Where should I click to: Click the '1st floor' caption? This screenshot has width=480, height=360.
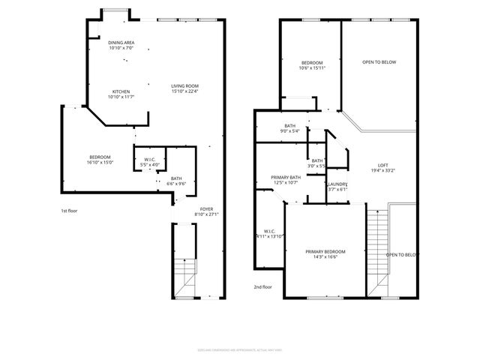[x=69, y=211]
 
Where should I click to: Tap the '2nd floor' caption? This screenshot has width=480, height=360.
[x=262, y=286]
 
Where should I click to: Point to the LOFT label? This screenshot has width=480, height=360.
[x=382, y=165]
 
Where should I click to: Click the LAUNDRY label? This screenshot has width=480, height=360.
[x=337, y=184]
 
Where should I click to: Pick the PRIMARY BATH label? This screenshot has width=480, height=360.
[x=286, y=177]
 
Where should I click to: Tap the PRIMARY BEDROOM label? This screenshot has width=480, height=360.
[x=325, y=251]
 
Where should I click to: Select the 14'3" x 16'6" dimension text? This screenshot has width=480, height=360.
[x=325, y=257]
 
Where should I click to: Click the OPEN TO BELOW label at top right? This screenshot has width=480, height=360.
[x=379, y=62]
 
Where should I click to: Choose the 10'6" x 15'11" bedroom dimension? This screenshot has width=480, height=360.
[x=312, y=68]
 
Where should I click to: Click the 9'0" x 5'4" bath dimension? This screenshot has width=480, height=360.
[x=289, y=131]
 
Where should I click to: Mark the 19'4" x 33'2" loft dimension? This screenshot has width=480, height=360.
[x=382, y=171]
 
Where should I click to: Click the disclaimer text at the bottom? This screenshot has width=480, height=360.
[x=240, y=349]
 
